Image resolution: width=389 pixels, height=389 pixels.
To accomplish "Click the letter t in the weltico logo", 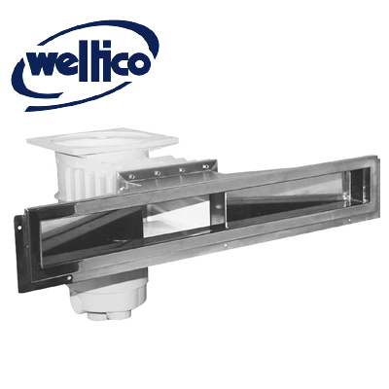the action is click(94, 62).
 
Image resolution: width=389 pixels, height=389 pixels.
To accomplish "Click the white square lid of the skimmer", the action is click(102, 142).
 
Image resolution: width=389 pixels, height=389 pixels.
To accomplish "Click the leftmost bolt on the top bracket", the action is click(132, 177).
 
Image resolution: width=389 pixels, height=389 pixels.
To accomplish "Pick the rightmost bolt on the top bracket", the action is click(204, 166).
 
